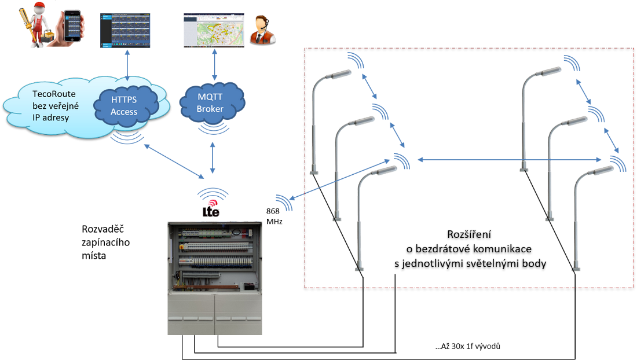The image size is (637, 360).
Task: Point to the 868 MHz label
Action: tap(273, 215)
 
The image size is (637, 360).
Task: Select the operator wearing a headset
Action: tap(262, 30)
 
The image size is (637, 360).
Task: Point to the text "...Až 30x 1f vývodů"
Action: tap(467, 346)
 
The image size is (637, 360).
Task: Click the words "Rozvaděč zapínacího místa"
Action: tap(106, 242)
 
